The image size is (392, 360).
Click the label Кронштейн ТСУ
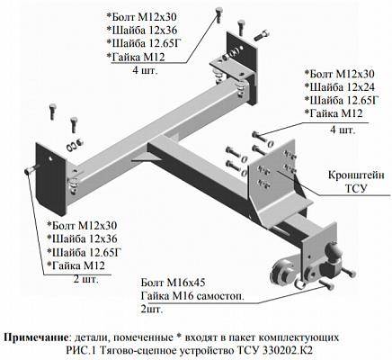click(x=356, y=182)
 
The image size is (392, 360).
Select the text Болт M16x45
click(x=174, y=283)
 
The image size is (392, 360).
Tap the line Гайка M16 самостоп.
click(x=192, y=296)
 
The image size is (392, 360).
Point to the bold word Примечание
click(x=36, y=337)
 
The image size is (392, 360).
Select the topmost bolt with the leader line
click(x=218, y=14)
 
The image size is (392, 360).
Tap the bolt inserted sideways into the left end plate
click(x=32, y=170)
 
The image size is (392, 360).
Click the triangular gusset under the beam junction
click(x=143, y=157)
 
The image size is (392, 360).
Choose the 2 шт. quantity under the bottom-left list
click(x=85, y=280)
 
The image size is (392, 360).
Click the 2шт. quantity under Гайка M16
click(x=152, y=310)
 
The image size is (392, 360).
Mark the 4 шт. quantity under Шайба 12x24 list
click(x=343, y=130)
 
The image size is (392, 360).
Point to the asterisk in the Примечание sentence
click(x=180, y=336)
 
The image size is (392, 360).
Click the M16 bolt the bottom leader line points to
click(x=326, y=284)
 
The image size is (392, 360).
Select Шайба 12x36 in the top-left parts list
click(x=142, y=31)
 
